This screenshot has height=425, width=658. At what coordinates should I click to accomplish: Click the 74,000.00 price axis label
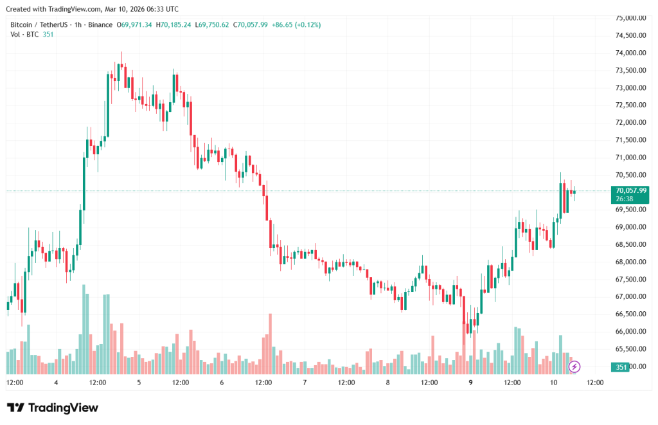(x=629, y=53)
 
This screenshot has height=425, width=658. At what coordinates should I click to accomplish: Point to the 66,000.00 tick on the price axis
(x=629, y=332)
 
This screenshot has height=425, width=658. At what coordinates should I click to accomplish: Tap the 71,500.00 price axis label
(x=629, y=140)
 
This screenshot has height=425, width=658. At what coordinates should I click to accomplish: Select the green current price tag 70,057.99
(x=630, y=190)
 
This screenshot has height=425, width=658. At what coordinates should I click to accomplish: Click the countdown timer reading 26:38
(x=625, y=199)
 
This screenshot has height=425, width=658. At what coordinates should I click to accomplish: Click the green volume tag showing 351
(x=621, y=367)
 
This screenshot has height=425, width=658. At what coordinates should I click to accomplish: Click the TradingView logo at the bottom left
(x=53, y=408)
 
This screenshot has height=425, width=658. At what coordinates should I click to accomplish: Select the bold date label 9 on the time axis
(x=471, y=383)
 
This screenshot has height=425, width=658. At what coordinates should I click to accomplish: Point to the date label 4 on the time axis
(x=57, y=383)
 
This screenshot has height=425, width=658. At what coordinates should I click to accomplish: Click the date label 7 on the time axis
(x=305, y=383)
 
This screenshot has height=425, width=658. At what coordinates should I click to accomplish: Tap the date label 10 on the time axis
(x=553, y=383)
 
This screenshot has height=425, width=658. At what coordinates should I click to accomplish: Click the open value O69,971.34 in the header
(x=134, y=24)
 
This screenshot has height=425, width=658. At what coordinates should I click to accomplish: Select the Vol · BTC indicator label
(x=23, y=34)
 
